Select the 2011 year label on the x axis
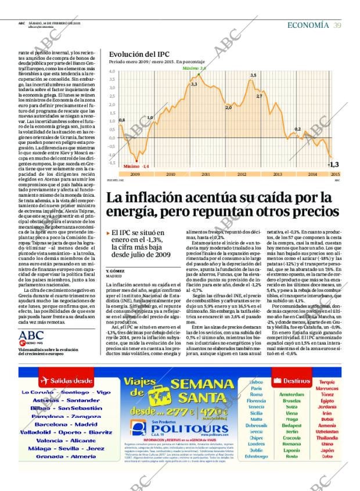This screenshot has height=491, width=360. (x=206, y=174)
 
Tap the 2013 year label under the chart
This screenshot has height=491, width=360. (x=277, y=174)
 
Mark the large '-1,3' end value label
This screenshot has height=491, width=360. (x=333, y=164)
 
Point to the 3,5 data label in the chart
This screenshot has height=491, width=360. (x=253, y=75)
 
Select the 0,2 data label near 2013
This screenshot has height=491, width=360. (x=298, y=129)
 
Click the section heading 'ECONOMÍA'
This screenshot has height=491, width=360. (x=308, y=25)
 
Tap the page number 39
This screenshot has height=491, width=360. (x=337, y=25)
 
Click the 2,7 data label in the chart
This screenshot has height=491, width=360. (x=259, y=96)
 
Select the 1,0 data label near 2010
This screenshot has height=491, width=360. (x=150, y=118)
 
